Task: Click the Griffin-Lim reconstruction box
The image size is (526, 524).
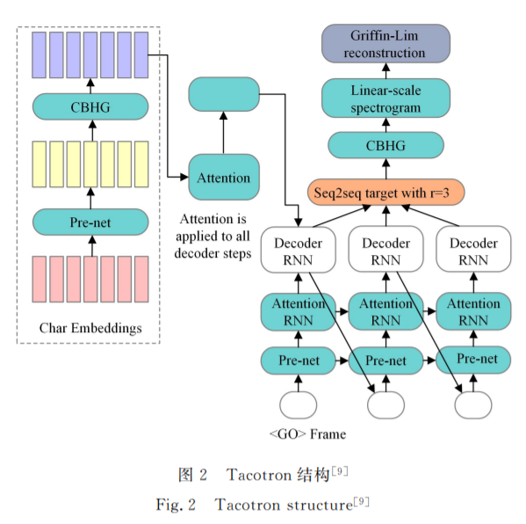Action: tap(385, 44)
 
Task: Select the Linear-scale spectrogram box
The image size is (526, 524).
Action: tap(385, 98)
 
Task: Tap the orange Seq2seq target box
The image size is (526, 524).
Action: tap(385, 193)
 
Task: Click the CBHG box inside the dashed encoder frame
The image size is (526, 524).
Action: tap(90, 106)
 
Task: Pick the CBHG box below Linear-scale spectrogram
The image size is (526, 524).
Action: tap(385, 145)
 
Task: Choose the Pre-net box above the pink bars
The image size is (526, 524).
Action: tap(90, 222)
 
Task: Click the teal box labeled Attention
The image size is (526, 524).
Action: tap(224, 177)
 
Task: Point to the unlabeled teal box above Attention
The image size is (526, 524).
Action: tap(224, 94)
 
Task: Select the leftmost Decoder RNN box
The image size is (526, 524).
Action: tap(299, 250)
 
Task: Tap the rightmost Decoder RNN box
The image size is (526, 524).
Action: tap(473, 249)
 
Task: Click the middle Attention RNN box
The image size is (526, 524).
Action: tap(385, 311)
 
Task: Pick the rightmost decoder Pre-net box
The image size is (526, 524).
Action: tap(473, 360)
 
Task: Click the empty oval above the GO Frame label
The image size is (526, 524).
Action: tap(299, 404)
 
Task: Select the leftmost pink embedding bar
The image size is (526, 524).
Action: tap(40, 279)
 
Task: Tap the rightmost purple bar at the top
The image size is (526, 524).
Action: tap(141, 55)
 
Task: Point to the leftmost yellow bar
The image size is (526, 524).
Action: tap(40, 164)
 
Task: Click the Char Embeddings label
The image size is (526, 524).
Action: tap(90, 328)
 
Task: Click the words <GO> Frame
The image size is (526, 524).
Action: tap(307, 434)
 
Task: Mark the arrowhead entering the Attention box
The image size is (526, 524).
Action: tap(184, 177)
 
